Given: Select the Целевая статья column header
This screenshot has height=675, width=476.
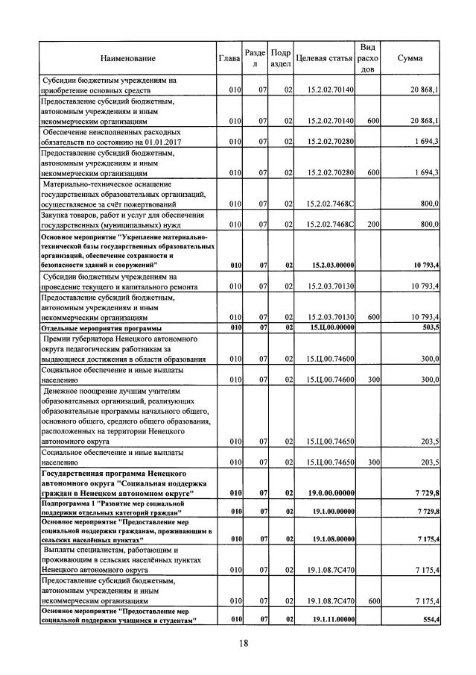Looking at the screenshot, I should click(x=324, y=57).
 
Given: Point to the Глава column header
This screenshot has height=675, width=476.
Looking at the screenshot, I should click(x=229, y=57).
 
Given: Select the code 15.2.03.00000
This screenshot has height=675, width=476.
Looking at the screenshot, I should click(x=332, y=264).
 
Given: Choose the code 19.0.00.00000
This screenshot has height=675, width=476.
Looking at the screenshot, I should click(x=332, y=493).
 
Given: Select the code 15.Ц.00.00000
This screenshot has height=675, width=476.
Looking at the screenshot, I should click(x=332, y=327).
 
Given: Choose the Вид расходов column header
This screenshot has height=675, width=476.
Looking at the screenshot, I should click(x=367, y=57).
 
